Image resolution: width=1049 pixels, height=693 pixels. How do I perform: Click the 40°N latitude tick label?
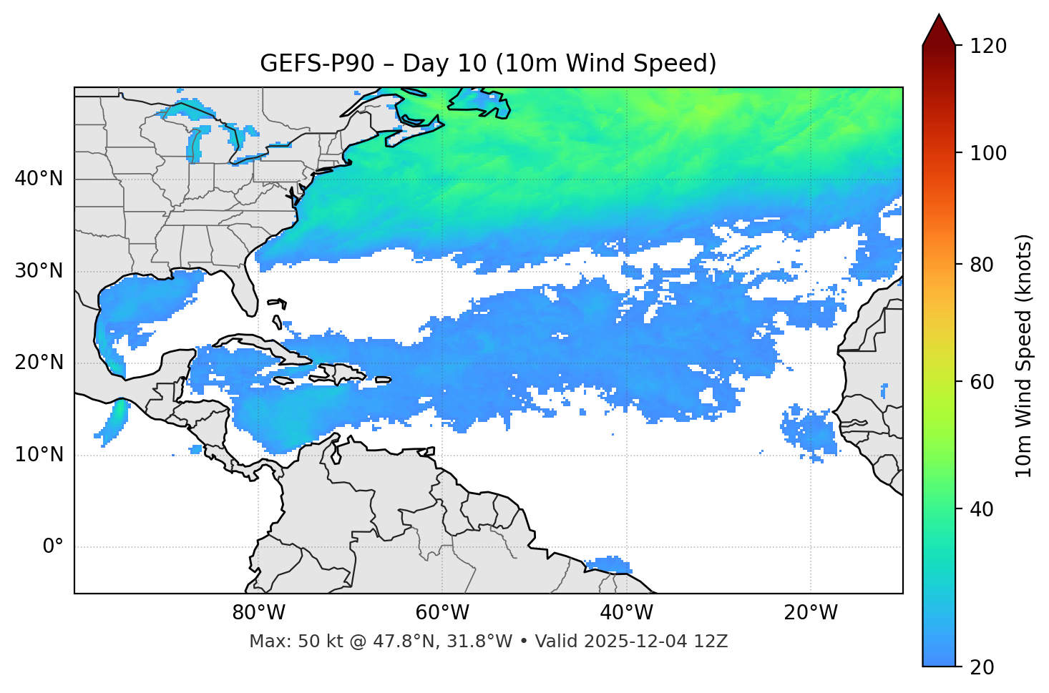pos(39,179)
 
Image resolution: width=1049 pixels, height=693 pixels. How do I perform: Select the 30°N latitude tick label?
pos(39,271)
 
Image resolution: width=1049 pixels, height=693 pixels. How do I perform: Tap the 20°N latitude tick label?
pos(39,363)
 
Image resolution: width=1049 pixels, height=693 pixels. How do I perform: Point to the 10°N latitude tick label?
pos(39,455)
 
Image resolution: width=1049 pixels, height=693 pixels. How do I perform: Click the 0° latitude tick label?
pos(53,546)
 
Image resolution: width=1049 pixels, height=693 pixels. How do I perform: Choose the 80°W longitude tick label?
pos(258,613)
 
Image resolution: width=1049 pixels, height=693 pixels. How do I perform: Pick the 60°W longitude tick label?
pos(441,613)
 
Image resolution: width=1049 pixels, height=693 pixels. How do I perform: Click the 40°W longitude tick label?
pos(626,613)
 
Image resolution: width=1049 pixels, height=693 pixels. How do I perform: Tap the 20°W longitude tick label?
pos(810,613)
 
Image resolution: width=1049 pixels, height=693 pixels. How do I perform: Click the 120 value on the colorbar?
pos(987,46)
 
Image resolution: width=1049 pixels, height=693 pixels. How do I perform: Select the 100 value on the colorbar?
pos(987,153)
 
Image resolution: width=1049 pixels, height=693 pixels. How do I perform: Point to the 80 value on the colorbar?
pos(982,265)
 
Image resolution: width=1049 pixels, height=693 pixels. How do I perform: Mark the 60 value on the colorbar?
pos(982,382)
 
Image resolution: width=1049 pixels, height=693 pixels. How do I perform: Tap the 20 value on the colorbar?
pos(982,667)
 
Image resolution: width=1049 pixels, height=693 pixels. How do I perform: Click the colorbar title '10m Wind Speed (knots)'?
pos(1024,355)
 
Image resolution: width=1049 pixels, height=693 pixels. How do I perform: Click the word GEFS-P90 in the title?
pos(317,64)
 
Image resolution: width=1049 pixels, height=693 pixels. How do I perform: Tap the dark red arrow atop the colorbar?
pos(939,30)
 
